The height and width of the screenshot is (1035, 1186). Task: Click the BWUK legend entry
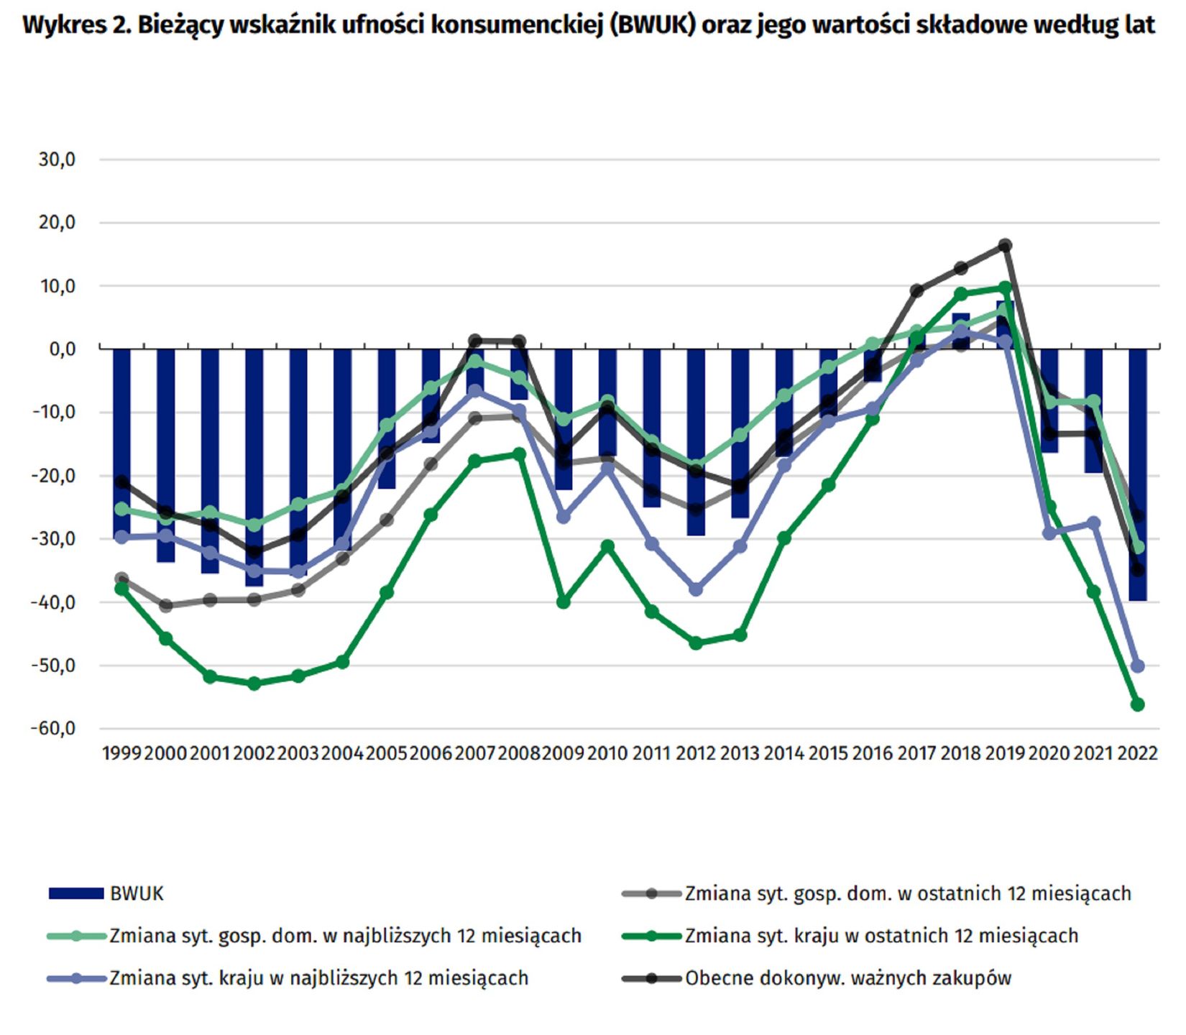[137, 893]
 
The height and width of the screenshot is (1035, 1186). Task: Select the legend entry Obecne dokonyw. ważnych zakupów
[848, 978]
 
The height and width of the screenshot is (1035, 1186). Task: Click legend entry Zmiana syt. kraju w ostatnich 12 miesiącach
[881, 936]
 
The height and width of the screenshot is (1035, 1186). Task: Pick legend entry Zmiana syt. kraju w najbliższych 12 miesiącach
[318, 978]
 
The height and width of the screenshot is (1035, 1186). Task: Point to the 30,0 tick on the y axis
[58, 160]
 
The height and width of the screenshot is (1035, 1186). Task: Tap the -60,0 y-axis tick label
[53, 729]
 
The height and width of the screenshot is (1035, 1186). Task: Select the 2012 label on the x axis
[696, 753]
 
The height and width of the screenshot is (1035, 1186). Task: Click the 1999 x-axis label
[122, 753]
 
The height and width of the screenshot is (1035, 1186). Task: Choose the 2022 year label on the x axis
[1138, 753]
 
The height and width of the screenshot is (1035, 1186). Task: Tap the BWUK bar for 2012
[696, 442]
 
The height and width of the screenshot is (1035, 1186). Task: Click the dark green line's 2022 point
[1138, 705]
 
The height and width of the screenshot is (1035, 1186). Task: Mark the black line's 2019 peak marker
[1006, 246]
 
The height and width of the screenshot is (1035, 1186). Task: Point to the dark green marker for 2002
[254, 684]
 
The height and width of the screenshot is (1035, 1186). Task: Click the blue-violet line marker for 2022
[1138, 666]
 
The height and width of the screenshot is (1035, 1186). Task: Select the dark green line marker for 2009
[564, 602]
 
